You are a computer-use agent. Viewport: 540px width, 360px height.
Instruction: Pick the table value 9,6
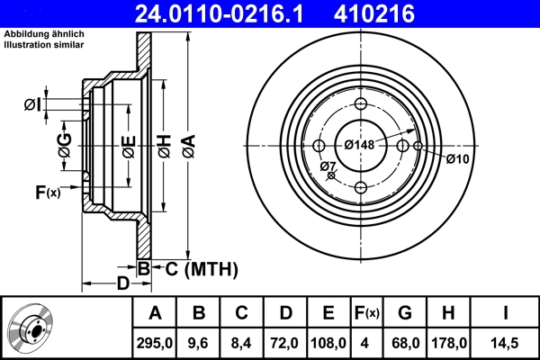click(x=198, y=342)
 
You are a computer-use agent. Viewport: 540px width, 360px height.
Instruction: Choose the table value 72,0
click(x=284, y=342)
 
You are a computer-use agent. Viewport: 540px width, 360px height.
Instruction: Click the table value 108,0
click(x=328, y=342)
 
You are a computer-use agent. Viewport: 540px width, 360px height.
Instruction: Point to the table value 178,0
click(x=448, y=342)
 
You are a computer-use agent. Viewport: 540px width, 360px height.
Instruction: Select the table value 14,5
click(x=505, y=342)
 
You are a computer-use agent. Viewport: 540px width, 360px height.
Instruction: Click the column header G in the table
click(x=404, y=312)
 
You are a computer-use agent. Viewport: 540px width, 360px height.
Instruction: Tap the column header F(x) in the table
click(x=366, y=312)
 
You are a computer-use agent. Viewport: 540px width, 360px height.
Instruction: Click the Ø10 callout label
click(x=457, y=159)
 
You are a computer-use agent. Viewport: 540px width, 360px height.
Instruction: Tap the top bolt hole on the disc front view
click(x=361, y=103)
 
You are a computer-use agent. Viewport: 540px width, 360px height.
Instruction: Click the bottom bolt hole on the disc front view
click(x=361, y=187)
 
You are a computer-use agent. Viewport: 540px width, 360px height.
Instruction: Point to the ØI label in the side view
click(x=31, y=105)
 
